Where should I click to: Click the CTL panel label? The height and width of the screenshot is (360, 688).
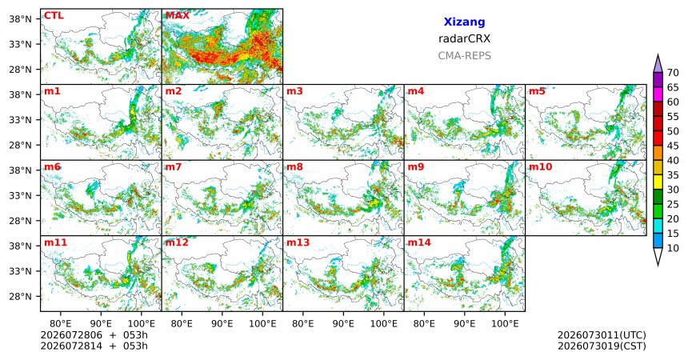[54, 16]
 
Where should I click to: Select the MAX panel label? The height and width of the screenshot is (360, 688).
[178, 16]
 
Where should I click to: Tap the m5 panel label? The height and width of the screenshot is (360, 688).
[537, 91]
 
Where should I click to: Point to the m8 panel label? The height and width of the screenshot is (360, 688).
[294, 167]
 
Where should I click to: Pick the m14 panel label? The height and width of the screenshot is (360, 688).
[419, 242]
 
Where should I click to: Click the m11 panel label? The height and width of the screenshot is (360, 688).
[55, 242]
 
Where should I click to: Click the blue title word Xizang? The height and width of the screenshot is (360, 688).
[464, 22]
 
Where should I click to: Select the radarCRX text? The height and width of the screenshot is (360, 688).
[464, 38]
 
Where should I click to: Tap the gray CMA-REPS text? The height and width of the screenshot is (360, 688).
[464, 56]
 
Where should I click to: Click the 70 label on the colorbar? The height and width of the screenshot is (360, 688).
[673, 73]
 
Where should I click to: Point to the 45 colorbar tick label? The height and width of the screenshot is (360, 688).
[673, 146]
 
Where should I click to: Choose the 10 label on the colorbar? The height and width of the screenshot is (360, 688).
[673, 248]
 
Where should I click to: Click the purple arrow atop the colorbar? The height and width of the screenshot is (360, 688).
[658, 64]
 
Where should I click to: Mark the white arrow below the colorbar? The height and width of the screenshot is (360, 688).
[658, 256]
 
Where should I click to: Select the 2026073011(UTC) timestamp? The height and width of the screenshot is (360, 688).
[602, 335]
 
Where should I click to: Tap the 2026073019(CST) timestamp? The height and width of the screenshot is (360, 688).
[602, 346]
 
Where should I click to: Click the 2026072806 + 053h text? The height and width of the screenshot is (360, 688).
[94, 335]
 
